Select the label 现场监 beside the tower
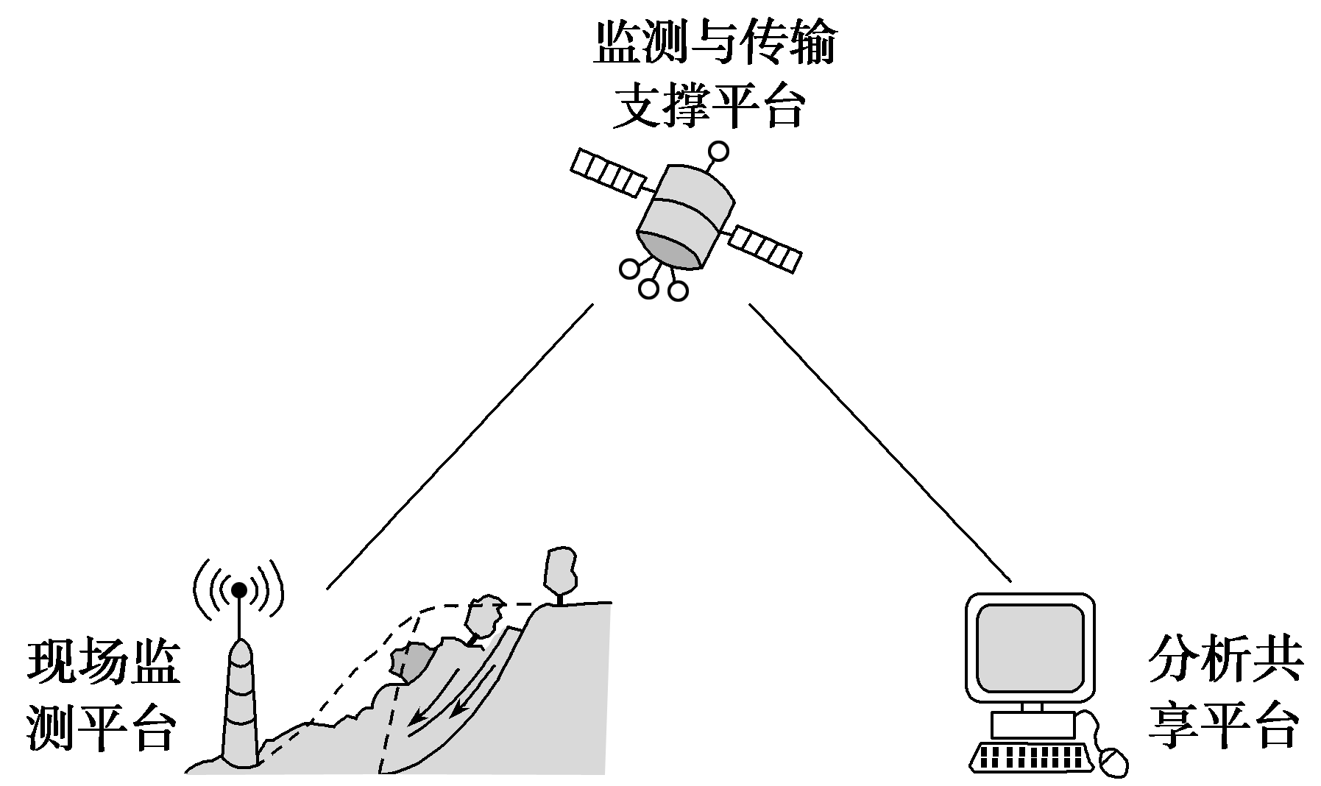point(104,664)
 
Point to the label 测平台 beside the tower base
point(102,728)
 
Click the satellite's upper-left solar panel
point(606,173)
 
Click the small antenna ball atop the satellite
point(718,152)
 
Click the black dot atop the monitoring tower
point(239,589)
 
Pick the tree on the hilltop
point(560,575)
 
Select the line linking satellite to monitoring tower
point(460,446)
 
